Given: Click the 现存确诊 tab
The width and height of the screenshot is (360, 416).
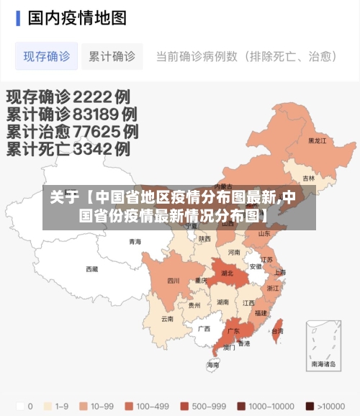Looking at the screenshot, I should pyautogui.click(x=46, y=56).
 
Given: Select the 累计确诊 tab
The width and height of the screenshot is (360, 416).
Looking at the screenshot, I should pyautogui.click(x=112, y=56).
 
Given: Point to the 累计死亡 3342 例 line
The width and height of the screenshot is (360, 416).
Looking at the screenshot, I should pyautogui.click(x=68, y=149).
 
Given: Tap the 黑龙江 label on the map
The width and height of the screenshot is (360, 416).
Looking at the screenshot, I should pyautogui.click(x=317, y=141).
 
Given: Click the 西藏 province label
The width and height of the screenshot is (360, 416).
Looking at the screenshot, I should pyautogui.click(x=92, y=269).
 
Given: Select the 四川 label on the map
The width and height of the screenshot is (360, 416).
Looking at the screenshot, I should pyautogui.click(x=174, y=281).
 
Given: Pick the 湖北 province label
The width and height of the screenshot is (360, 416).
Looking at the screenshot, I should pyautogui.click(x=227, y=273).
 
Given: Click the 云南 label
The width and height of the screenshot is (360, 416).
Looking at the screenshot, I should pyautogui.click(x=167, y=318).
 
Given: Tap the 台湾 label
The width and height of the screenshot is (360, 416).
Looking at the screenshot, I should pyautogui.click(x=276, y=331).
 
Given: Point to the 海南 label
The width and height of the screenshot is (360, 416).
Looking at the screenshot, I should pyautogui.click(x=213, y=365).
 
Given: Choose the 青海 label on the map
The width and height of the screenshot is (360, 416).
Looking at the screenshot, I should pyautogui.click(x=135, y=242).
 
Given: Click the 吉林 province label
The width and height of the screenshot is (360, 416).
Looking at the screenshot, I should pyautogui.click(x=308, y=178).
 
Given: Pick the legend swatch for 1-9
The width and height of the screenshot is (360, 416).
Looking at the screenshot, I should pyautogui.click(x=48, y=405).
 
